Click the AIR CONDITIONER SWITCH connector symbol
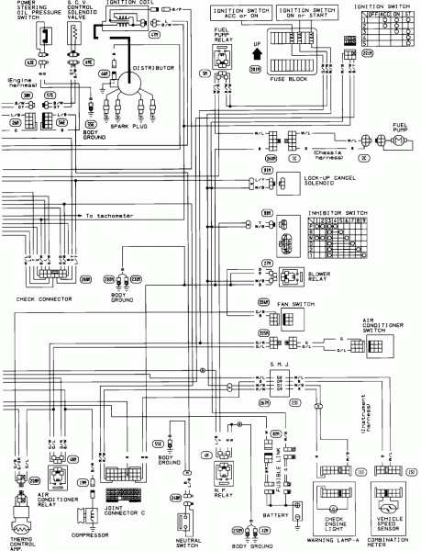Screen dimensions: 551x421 tap(374, 346)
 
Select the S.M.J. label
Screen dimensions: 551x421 tap(278, 368)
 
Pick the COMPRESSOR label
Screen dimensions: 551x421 tap(89, 533)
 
